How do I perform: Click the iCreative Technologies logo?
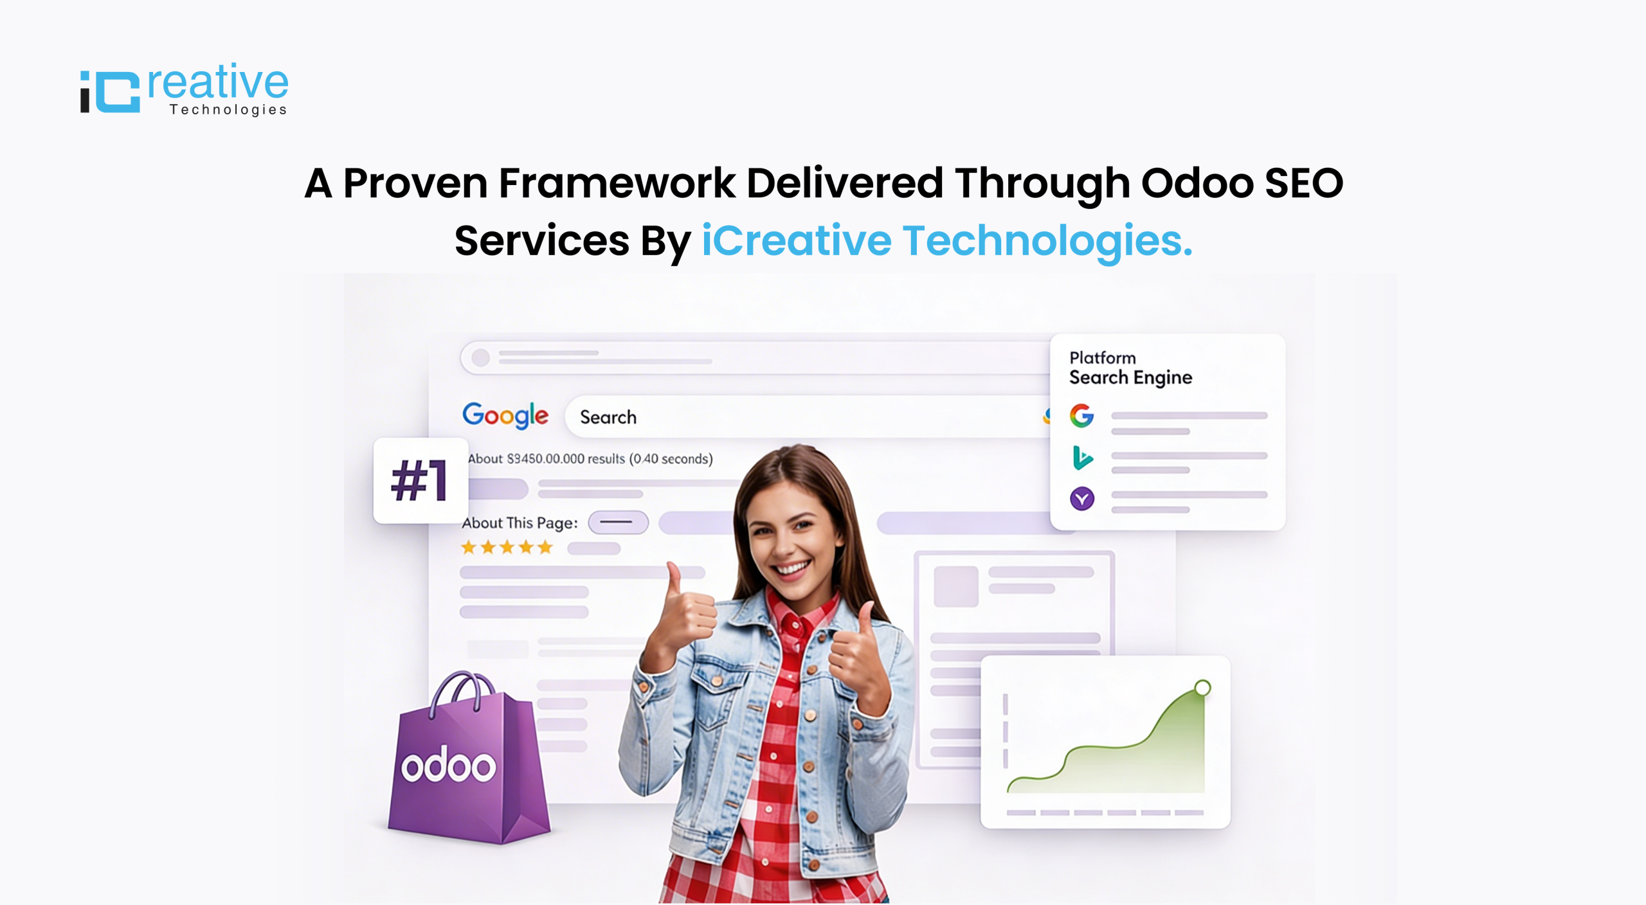(184, 90)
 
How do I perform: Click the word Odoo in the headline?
(1197, 183)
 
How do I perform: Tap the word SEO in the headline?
(1304, 183)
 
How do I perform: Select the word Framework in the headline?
(616, 183)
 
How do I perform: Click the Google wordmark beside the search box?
(505, 415)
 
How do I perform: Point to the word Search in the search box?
(608, 417)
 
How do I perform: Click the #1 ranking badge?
(420, 480)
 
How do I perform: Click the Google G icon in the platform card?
(1081, 416)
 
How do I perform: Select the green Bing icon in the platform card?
(1082, 458)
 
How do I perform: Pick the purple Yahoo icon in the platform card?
(1082, 498)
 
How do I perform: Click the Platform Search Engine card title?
(1130, 368)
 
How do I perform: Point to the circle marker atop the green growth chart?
(1202, 688)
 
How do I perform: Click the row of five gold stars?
(507, 548)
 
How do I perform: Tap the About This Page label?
(520, 523)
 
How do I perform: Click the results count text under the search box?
(590, 459)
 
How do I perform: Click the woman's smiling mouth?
(792, 568)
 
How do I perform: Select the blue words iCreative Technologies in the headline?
(946, 240)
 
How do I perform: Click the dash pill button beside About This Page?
(618, 523)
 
